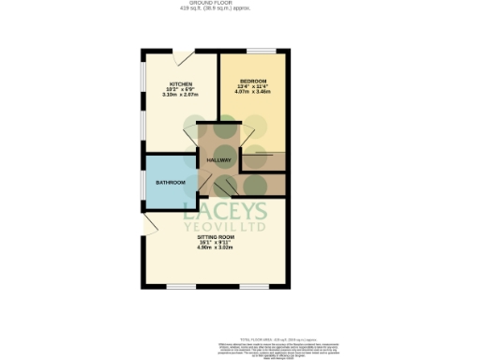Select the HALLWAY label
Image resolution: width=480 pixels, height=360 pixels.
[219, 160]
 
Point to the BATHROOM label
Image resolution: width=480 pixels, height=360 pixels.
[170, 182]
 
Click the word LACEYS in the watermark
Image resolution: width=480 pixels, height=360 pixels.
[224, 211]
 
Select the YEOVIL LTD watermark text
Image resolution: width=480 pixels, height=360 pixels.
[225, 227]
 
